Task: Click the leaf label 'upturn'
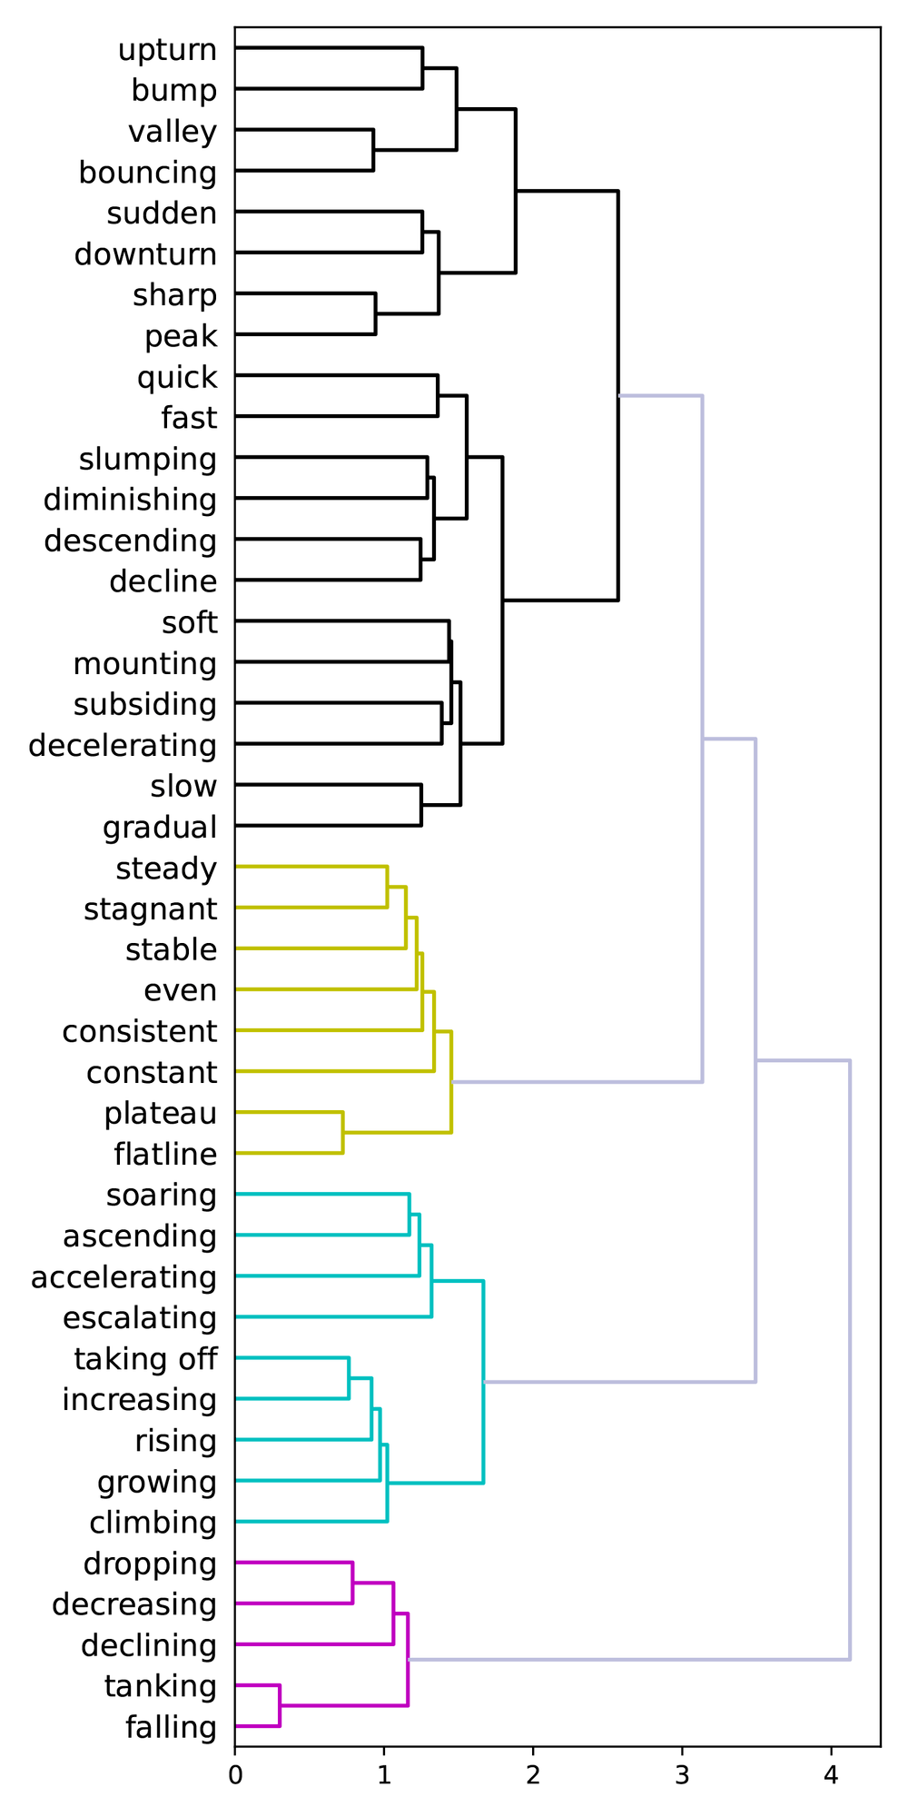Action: [168, 50]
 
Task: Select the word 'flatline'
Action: [165, 1154]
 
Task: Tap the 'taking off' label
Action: [145, 1358]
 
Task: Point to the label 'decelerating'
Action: [123, 745]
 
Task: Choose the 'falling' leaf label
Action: [172, 1726]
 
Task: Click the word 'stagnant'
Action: [151, 908]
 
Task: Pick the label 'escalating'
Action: [140, 1317]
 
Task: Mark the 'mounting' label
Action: [145, 663]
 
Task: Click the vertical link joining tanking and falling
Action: [280, 1705]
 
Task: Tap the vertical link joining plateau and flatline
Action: [342, 1132]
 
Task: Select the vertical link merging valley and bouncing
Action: [373, 150]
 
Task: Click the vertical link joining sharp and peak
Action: [376, 313]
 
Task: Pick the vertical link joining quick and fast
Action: [438, 395]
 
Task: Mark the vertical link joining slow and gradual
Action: [421, 805]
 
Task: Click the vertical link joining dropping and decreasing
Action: [352, 1583]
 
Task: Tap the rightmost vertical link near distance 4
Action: [850, 1359]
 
